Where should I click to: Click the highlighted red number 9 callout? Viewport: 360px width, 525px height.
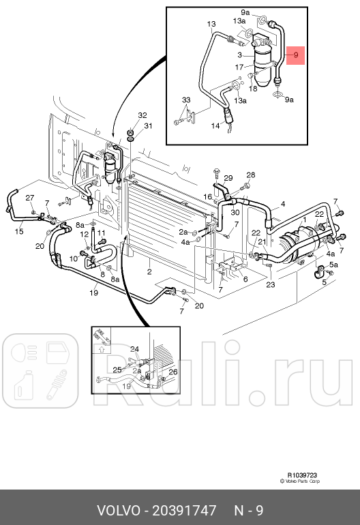point(296,55)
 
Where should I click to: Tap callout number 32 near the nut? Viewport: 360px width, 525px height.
point(142,115)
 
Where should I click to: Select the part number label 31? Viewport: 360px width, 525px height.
point(148,125)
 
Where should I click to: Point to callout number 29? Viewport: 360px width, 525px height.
point(228,177)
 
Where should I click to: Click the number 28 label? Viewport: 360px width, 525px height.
point(250,175)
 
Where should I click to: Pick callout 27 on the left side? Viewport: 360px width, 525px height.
point(30,198)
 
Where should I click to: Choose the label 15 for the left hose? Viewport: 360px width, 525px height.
point(19,231)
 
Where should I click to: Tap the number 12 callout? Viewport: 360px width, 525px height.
point(85,234)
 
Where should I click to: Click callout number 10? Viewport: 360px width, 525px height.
point(74,258)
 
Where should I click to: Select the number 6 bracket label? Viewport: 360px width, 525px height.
point(245,279)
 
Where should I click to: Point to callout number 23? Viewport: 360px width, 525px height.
point(270,285)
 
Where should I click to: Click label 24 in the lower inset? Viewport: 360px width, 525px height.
point(134,349)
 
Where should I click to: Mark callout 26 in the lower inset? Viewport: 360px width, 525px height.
point(172,372)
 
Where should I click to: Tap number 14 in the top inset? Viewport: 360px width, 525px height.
point(215,126)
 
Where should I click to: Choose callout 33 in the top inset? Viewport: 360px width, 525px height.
point(185,100)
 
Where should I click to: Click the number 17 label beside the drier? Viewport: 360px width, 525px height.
point(239,67)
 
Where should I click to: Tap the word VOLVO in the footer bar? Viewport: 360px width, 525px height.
point(118,510)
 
